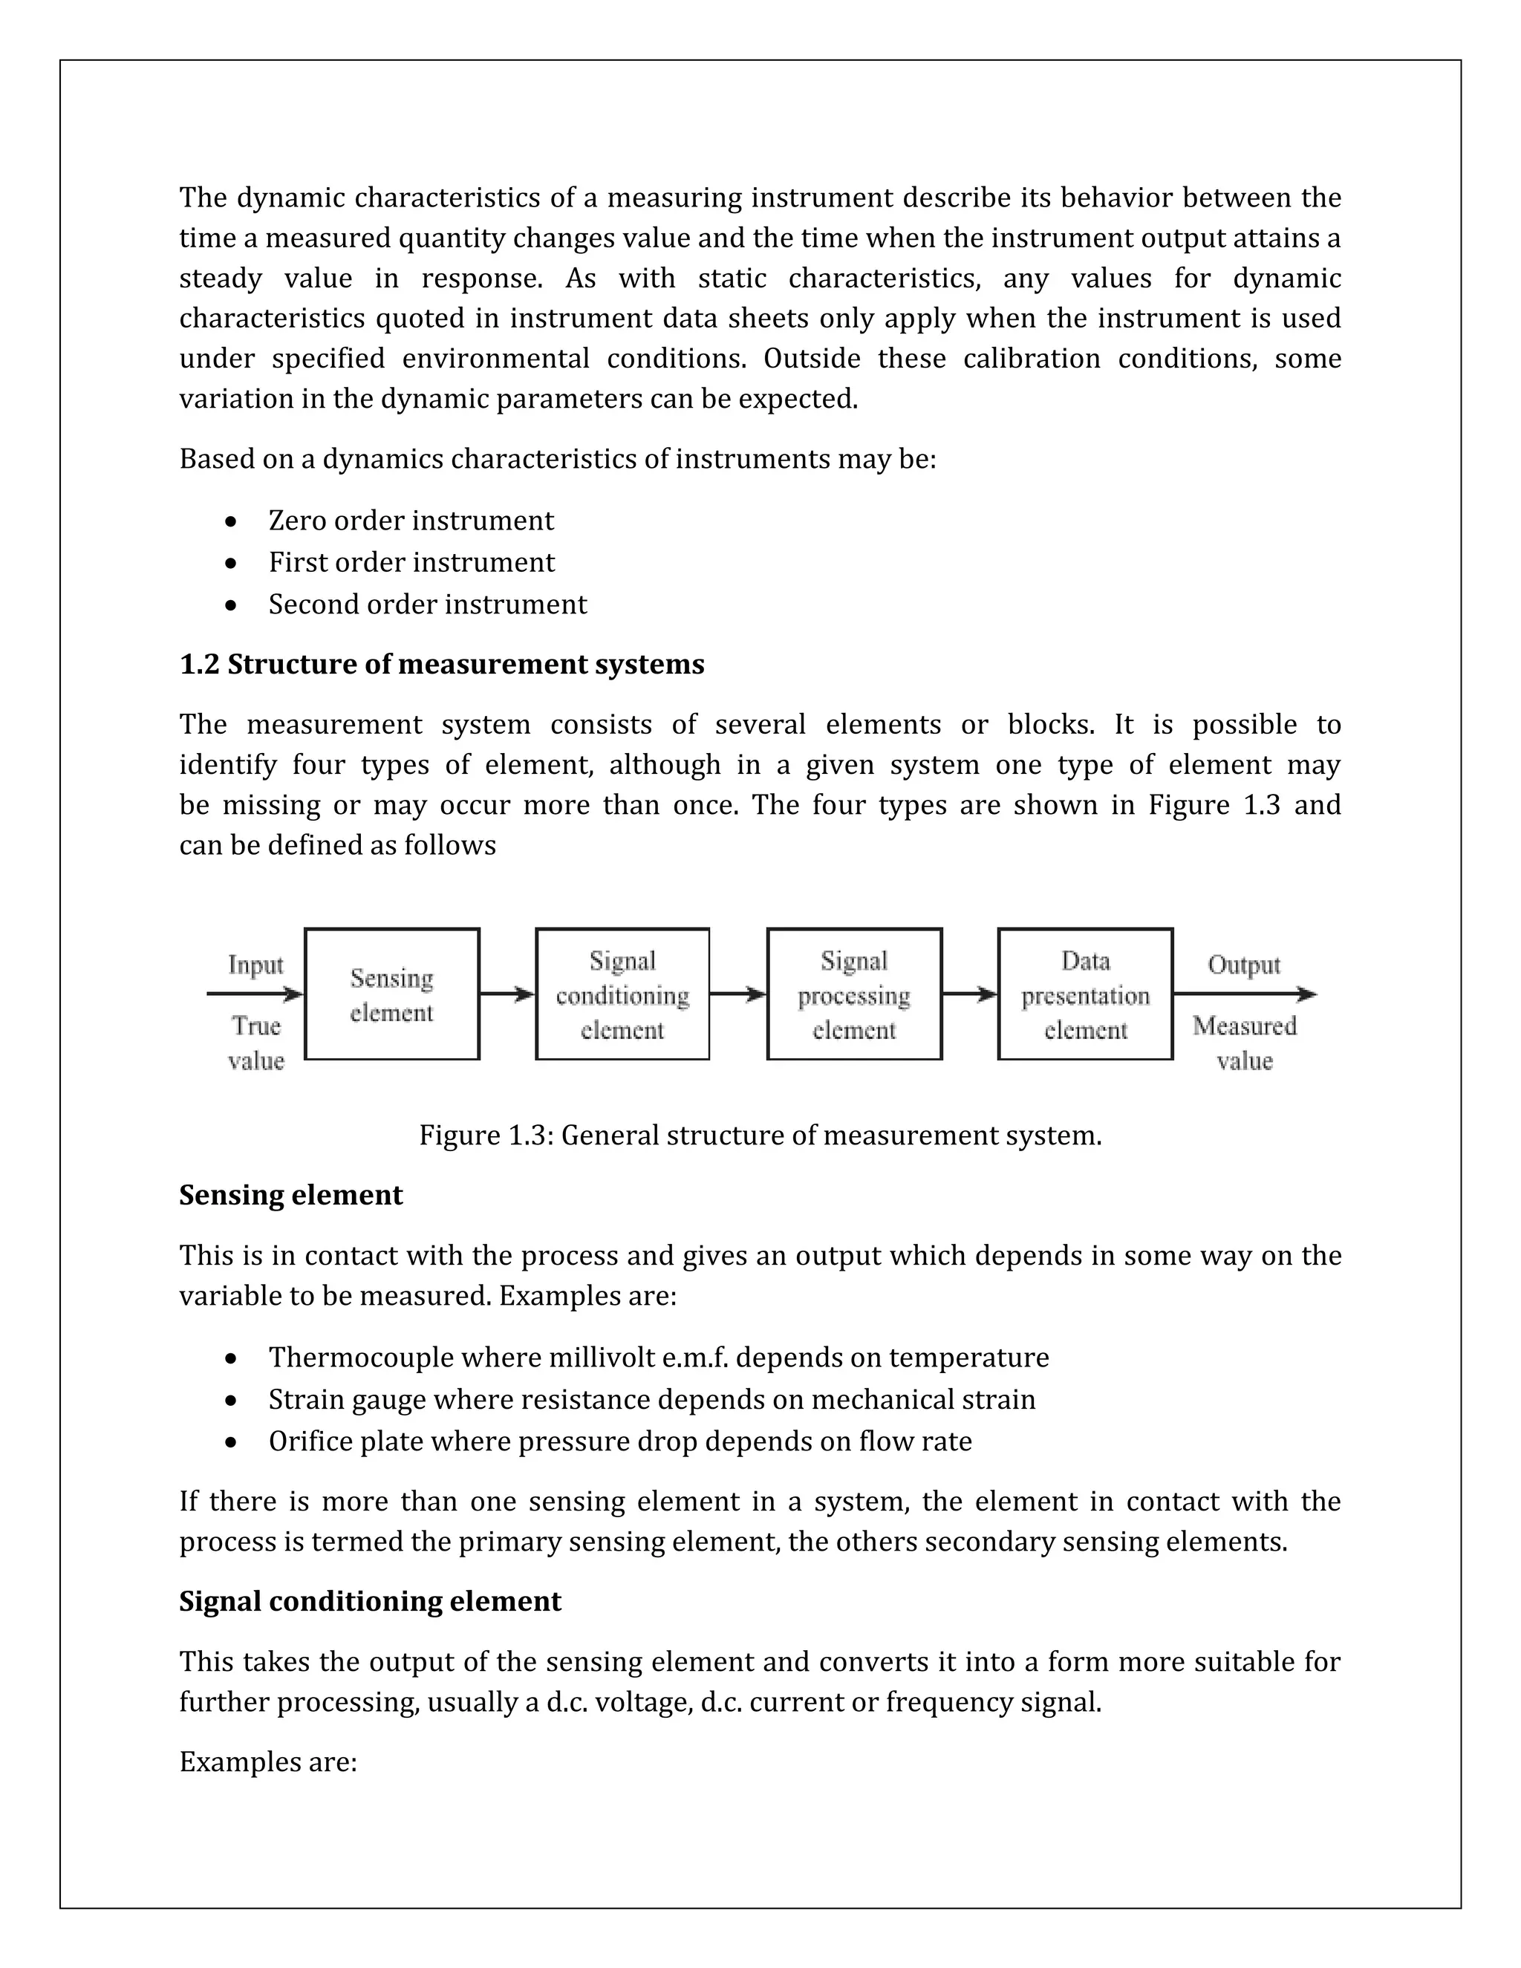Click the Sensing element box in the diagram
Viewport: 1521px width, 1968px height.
392,994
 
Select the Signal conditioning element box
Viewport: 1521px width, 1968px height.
622,994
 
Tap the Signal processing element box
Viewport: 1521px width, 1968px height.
854,994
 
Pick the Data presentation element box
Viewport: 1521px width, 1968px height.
1085,994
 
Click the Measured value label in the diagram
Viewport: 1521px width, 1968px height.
1245,1043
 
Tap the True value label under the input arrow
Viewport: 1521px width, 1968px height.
256,1043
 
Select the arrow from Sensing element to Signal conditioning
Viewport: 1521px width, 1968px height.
507,994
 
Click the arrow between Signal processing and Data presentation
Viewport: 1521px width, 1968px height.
969,994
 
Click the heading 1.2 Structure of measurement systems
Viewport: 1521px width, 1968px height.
442,664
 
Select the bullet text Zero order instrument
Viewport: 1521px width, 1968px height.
411,521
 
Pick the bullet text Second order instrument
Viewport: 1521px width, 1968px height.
427,604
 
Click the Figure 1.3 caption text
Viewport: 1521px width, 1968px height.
760,1135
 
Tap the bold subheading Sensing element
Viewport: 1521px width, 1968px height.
290,1195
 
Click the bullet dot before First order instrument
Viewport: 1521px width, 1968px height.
232,563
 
